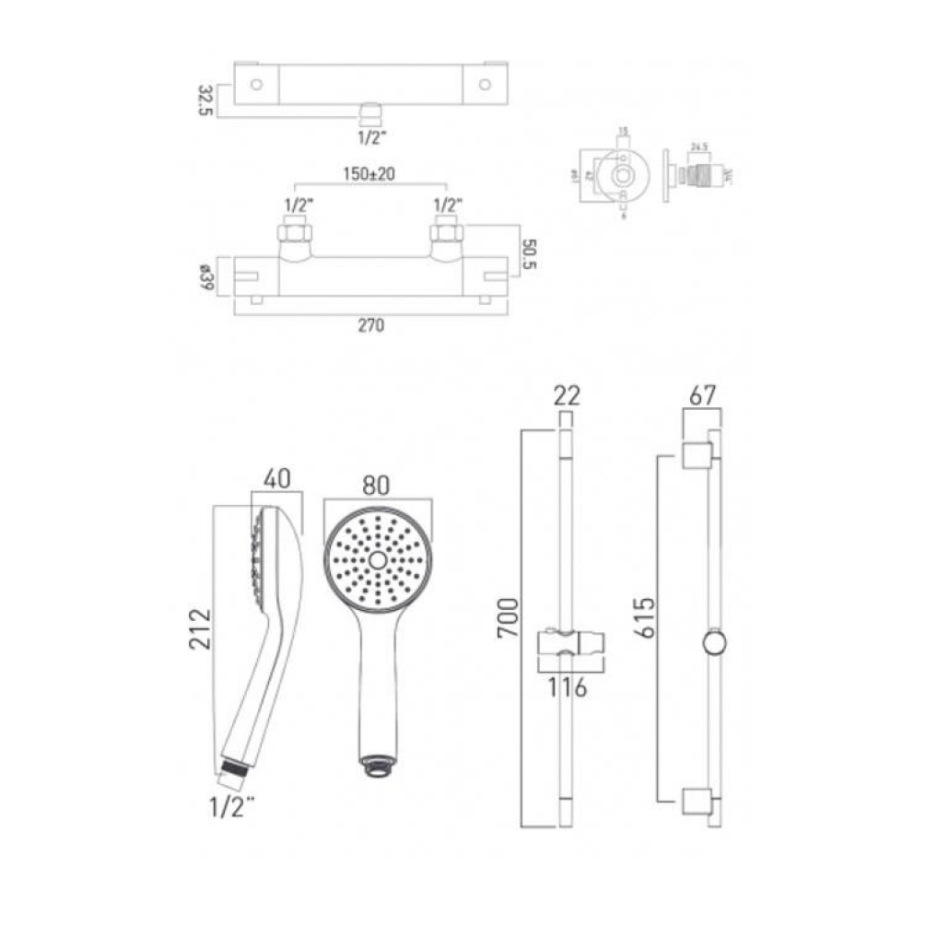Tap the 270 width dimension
[370, 325]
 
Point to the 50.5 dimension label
[528, 253]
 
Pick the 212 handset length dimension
[202, 628]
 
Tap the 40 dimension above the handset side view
[276, 480]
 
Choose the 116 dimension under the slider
[565, 687]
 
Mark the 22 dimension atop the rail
[566, 397]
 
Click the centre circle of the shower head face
[378, 560]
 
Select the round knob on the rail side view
[714, 643]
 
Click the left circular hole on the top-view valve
[257, 85]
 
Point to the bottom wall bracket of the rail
[697, 802]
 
